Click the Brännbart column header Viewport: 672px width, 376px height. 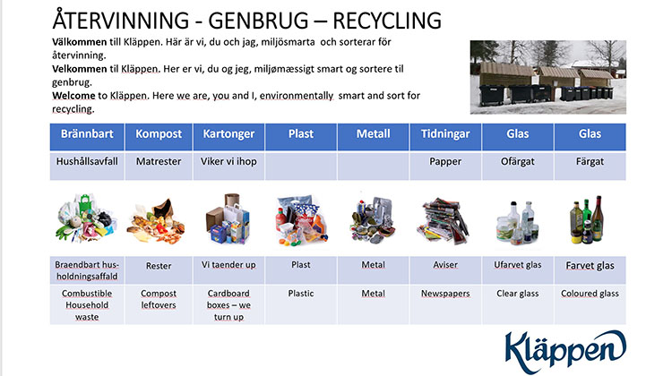(87, 137)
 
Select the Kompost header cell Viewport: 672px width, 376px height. (159, 137)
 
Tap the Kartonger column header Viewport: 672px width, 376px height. (228, 137)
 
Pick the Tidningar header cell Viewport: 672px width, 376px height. (445, 137)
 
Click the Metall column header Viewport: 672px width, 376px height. (374, 137)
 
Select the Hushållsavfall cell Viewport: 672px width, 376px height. (87, 167)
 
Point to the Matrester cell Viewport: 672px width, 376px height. (159, 167)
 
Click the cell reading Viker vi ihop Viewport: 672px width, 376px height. (228, 167)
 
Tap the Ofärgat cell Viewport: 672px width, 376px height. (518, 167)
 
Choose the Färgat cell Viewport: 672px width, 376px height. (590, 167)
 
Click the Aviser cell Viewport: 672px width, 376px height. (445, 269)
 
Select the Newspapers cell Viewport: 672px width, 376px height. (445, 304)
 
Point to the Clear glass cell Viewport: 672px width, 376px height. (518, 304)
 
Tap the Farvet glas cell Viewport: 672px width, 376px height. (590, 269)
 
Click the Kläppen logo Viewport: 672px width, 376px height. (565, 351)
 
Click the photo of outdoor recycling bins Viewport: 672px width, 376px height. (548, 77)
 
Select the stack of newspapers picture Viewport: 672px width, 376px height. (444, 220)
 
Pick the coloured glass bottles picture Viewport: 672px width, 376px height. (587, 219)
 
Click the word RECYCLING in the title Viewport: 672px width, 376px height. (387, 21)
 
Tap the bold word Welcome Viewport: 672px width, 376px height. (73, 96)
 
